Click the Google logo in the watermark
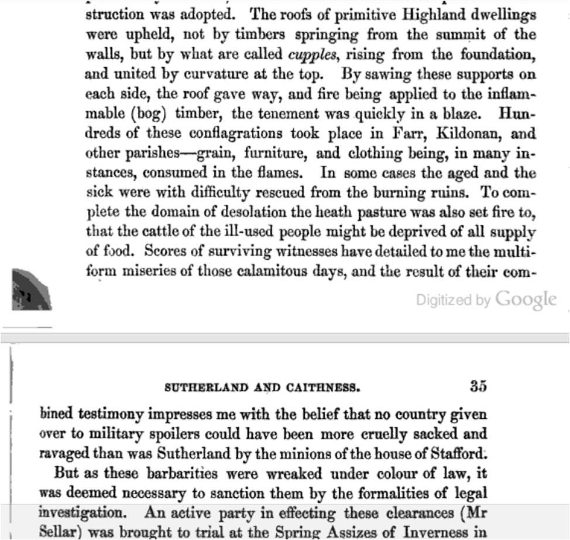526,300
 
